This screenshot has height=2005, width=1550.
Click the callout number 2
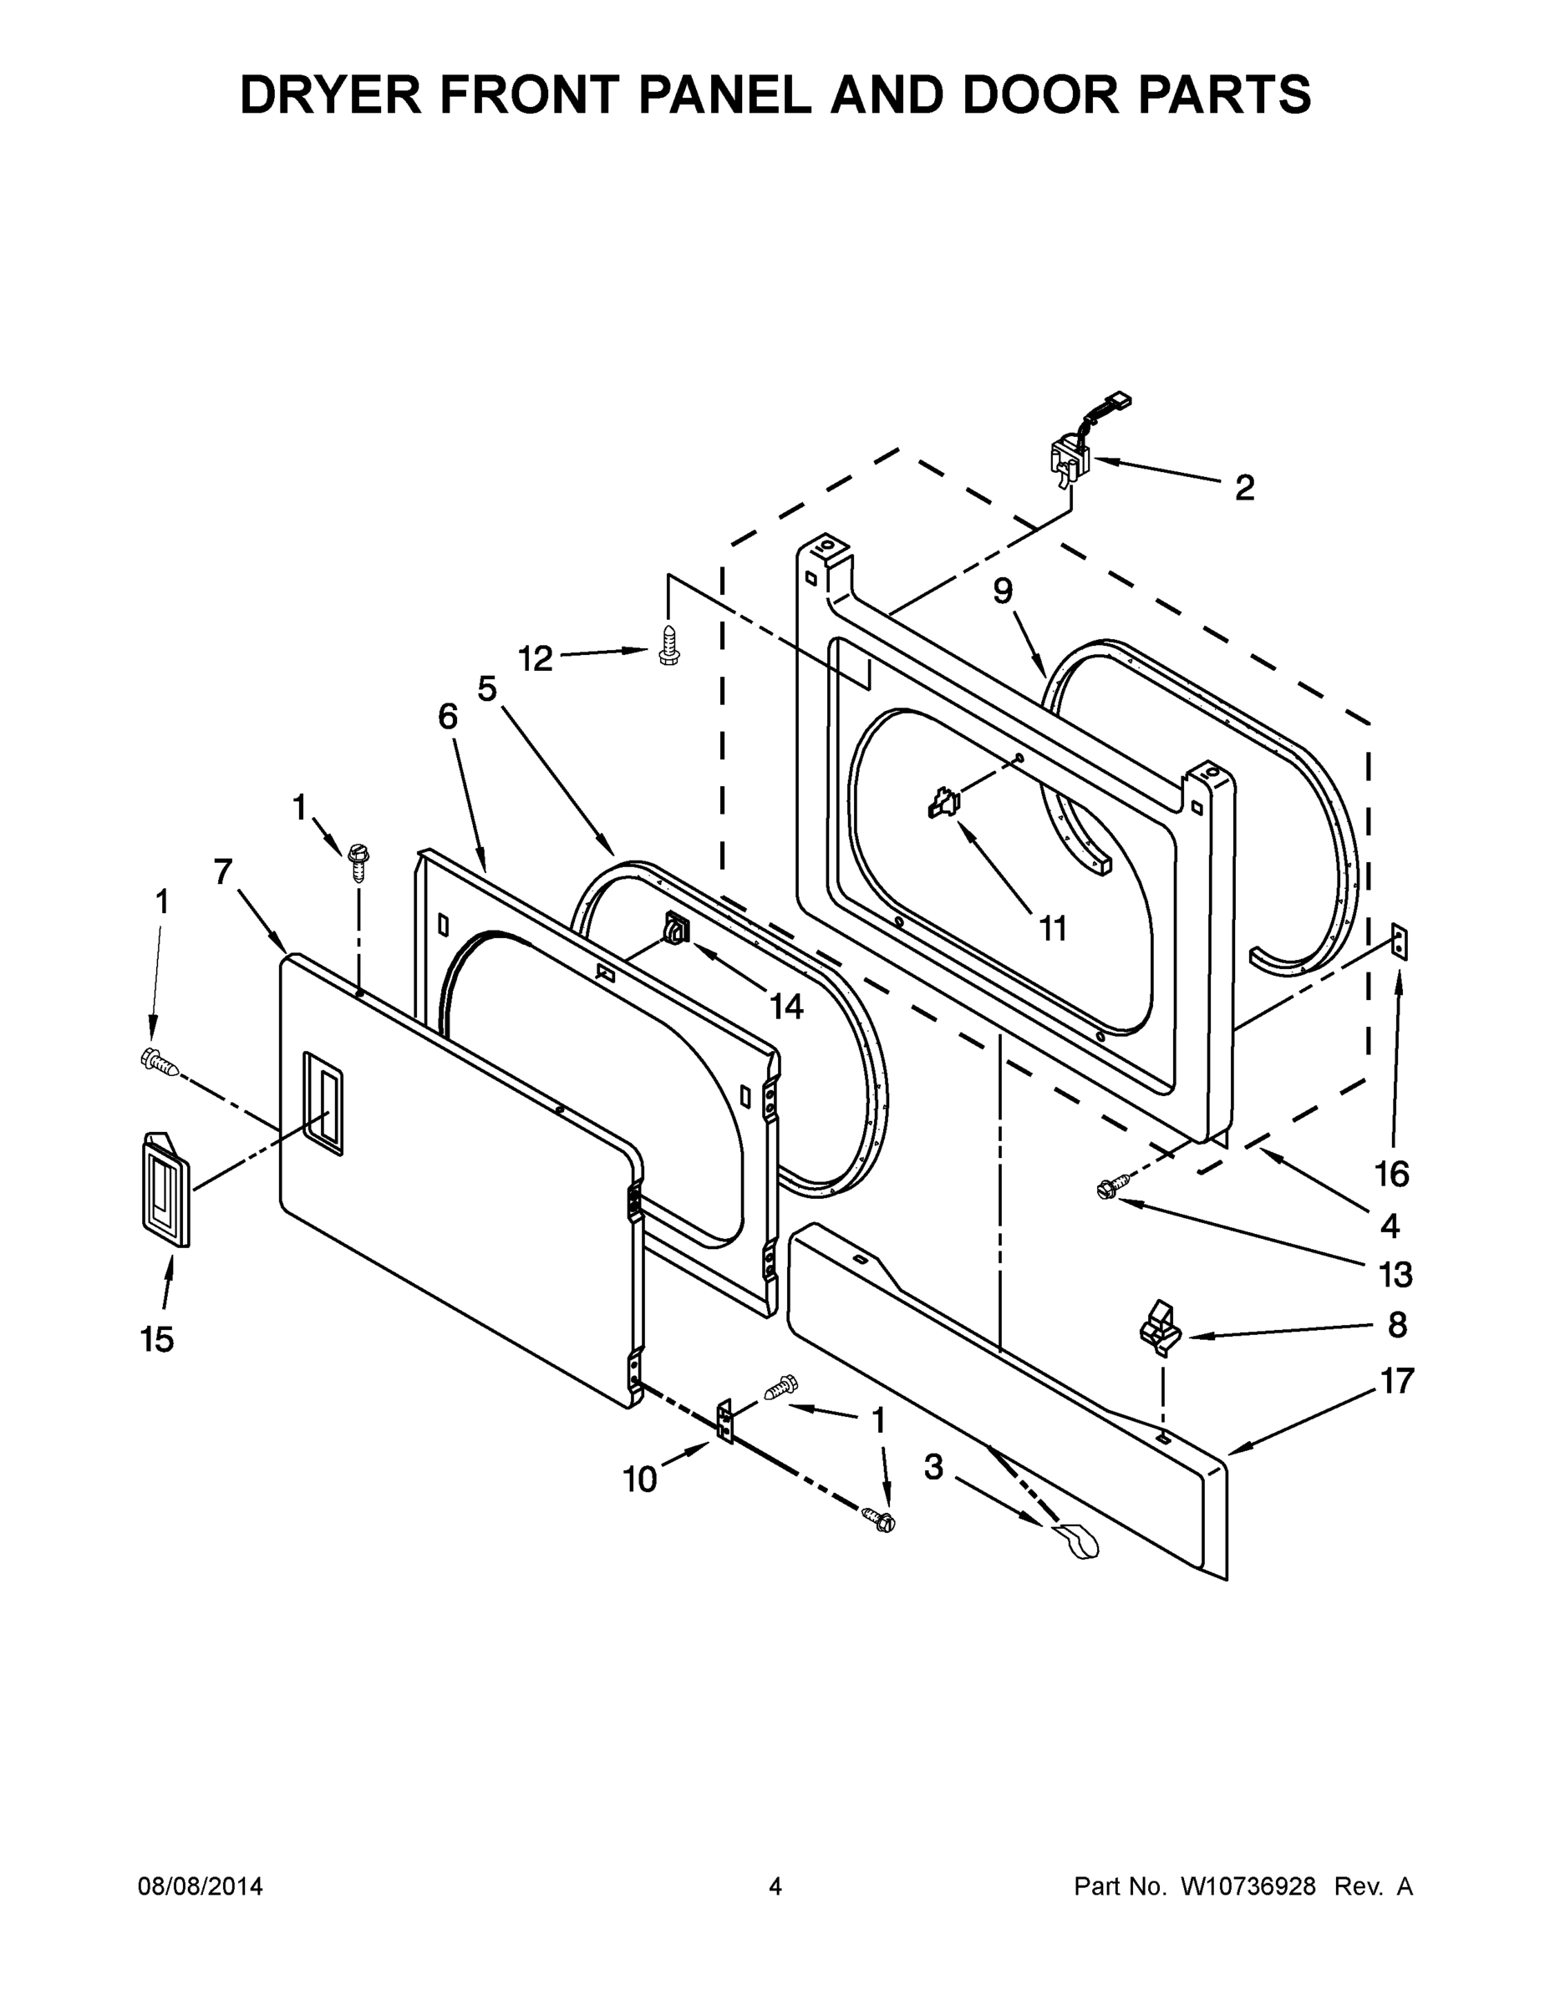(1244, 489)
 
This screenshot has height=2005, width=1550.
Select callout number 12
(536, 658)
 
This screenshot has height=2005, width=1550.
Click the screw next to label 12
(668, 646)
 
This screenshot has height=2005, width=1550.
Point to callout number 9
(1003, 591)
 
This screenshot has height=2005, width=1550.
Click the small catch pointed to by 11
(944, 804)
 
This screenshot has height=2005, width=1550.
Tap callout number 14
(786, 1007)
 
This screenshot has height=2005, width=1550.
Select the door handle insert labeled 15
(165, 1190)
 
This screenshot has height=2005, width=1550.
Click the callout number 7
(223, 871)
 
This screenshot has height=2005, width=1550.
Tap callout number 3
(933, 1467)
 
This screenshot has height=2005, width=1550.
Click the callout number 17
(1396, 1381)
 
